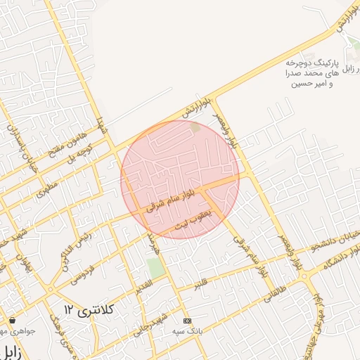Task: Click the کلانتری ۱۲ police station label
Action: [89, 309]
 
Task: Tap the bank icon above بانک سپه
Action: [186, 321]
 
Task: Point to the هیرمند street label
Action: [153, 243]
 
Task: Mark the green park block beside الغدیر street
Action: [155, 268]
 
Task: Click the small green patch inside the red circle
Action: [195, 127]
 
